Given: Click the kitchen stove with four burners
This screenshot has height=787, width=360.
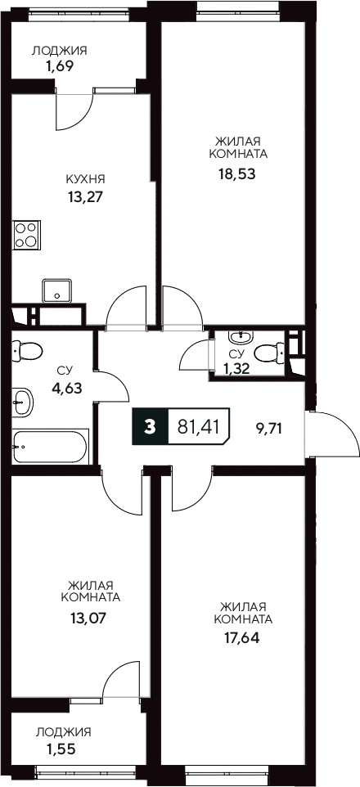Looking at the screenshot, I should [27, 234].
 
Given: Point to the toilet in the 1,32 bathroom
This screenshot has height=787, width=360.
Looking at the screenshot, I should [268, 353].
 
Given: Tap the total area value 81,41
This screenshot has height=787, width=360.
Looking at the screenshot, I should [198, 426].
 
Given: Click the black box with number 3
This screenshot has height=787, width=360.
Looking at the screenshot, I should [149, 426].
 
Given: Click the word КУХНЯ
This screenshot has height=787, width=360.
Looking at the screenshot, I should [85, 179].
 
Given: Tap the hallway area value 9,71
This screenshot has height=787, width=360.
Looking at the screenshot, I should [268, 426].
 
